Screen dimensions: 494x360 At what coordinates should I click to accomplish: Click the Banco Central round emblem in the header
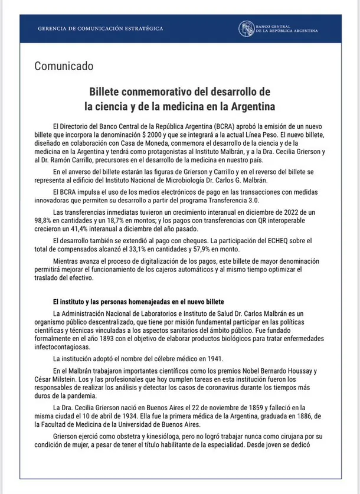247,29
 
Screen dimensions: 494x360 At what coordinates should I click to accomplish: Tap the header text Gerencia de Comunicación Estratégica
92,29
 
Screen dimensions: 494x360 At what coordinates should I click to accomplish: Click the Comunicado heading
64,66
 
